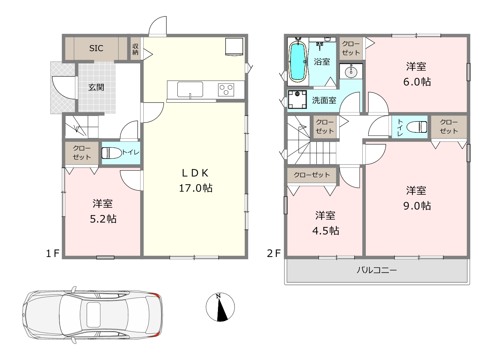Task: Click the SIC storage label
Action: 96,48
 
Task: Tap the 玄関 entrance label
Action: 96,87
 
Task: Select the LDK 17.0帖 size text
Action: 196,188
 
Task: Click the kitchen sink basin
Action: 190,89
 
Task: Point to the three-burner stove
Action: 226,90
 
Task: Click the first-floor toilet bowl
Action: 111,153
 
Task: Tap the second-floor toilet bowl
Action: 417,127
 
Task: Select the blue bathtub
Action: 298,62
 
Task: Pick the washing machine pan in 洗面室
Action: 297,99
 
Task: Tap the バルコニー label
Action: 377,270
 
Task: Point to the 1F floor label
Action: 53,253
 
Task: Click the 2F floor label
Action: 274,253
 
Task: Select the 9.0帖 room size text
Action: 417,206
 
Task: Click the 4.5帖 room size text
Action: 326,231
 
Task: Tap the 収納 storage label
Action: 135,49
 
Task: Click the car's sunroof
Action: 93,315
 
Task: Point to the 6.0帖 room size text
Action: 417,82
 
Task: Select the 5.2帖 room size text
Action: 103,219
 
